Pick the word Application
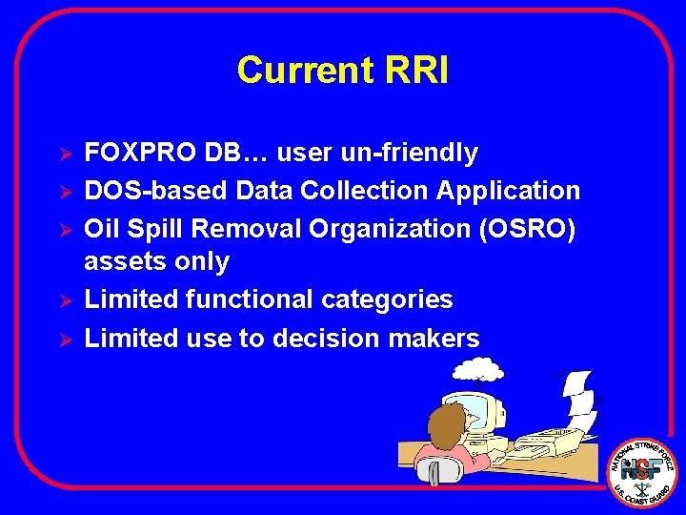tap(508, 191)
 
